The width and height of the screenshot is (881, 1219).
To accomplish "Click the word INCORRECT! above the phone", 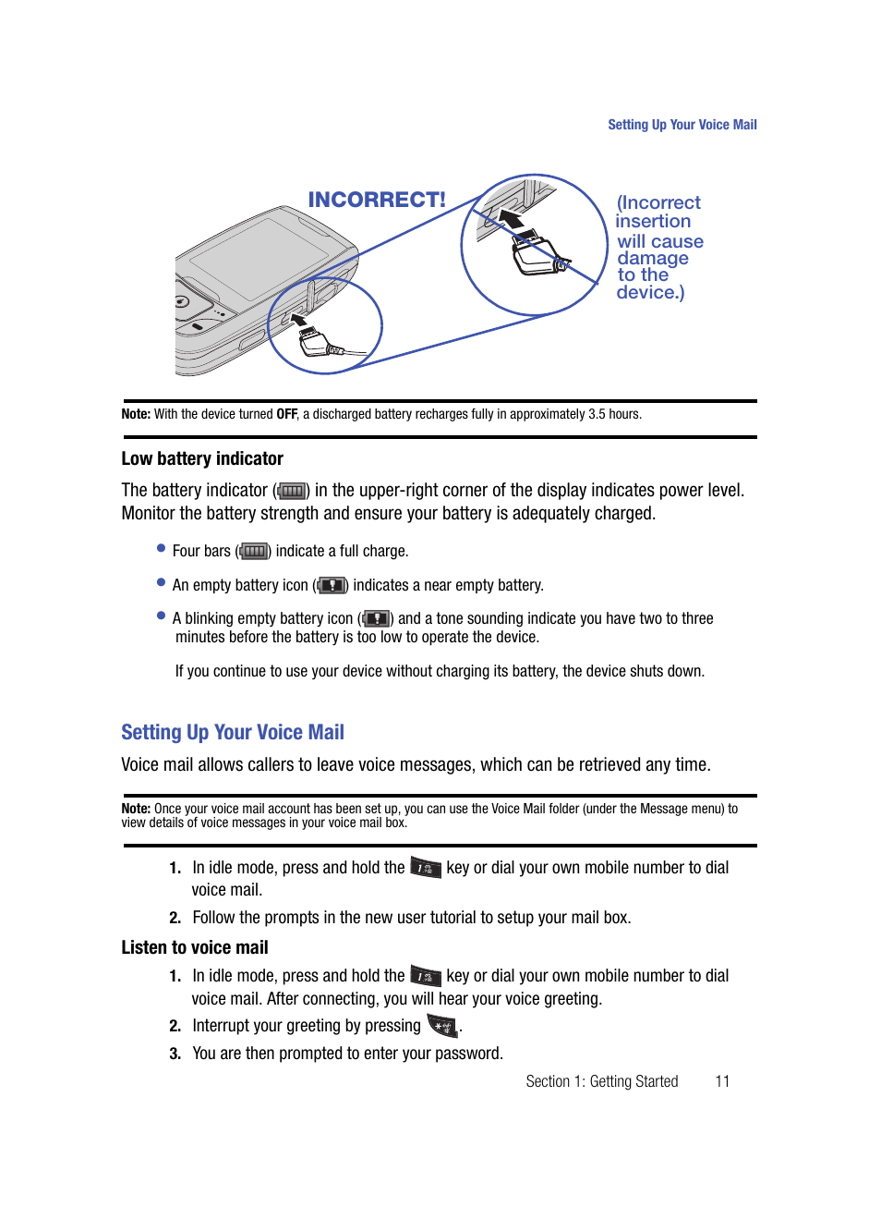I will (376, 200).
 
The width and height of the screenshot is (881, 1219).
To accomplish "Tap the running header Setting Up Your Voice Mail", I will (682, 125).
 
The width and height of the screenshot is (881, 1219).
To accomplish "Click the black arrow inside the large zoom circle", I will (512, 219).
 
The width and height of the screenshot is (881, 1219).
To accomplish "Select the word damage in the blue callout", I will (653, 259).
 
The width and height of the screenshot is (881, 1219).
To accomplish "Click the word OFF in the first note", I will (286, 414).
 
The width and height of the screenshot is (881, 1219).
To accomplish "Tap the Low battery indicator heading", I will (202, 458).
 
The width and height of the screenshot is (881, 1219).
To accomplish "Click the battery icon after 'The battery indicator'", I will (292, 491).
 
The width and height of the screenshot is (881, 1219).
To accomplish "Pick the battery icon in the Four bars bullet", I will (254, 552).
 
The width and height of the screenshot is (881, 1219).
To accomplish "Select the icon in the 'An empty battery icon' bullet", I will (332, 585).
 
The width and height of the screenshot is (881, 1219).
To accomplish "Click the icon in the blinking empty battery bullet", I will (376, 618).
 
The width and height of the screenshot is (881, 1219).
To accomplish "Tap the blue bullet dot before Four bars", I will (161, 548).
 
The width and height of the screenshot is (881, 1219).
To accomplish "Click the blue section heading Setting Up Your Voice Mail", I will (233, 732).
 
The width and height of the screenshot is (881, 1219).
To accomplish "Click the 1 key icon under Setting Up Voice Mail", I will (426, 868).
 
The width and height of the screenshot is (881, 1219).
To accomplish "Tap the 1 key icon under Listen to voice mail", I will (426, 976).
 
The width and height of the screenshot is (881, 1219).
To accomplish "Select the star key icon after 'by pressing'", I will (442, 1026).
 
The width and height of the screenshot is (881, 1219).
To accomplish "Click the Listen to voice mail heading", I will (195, 947).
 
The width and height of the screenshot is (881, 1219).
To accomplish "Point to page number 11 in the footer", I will (722, 1081).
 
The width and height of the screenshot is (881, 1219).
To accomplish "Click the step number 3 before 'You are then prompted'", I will (175, 1054).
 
